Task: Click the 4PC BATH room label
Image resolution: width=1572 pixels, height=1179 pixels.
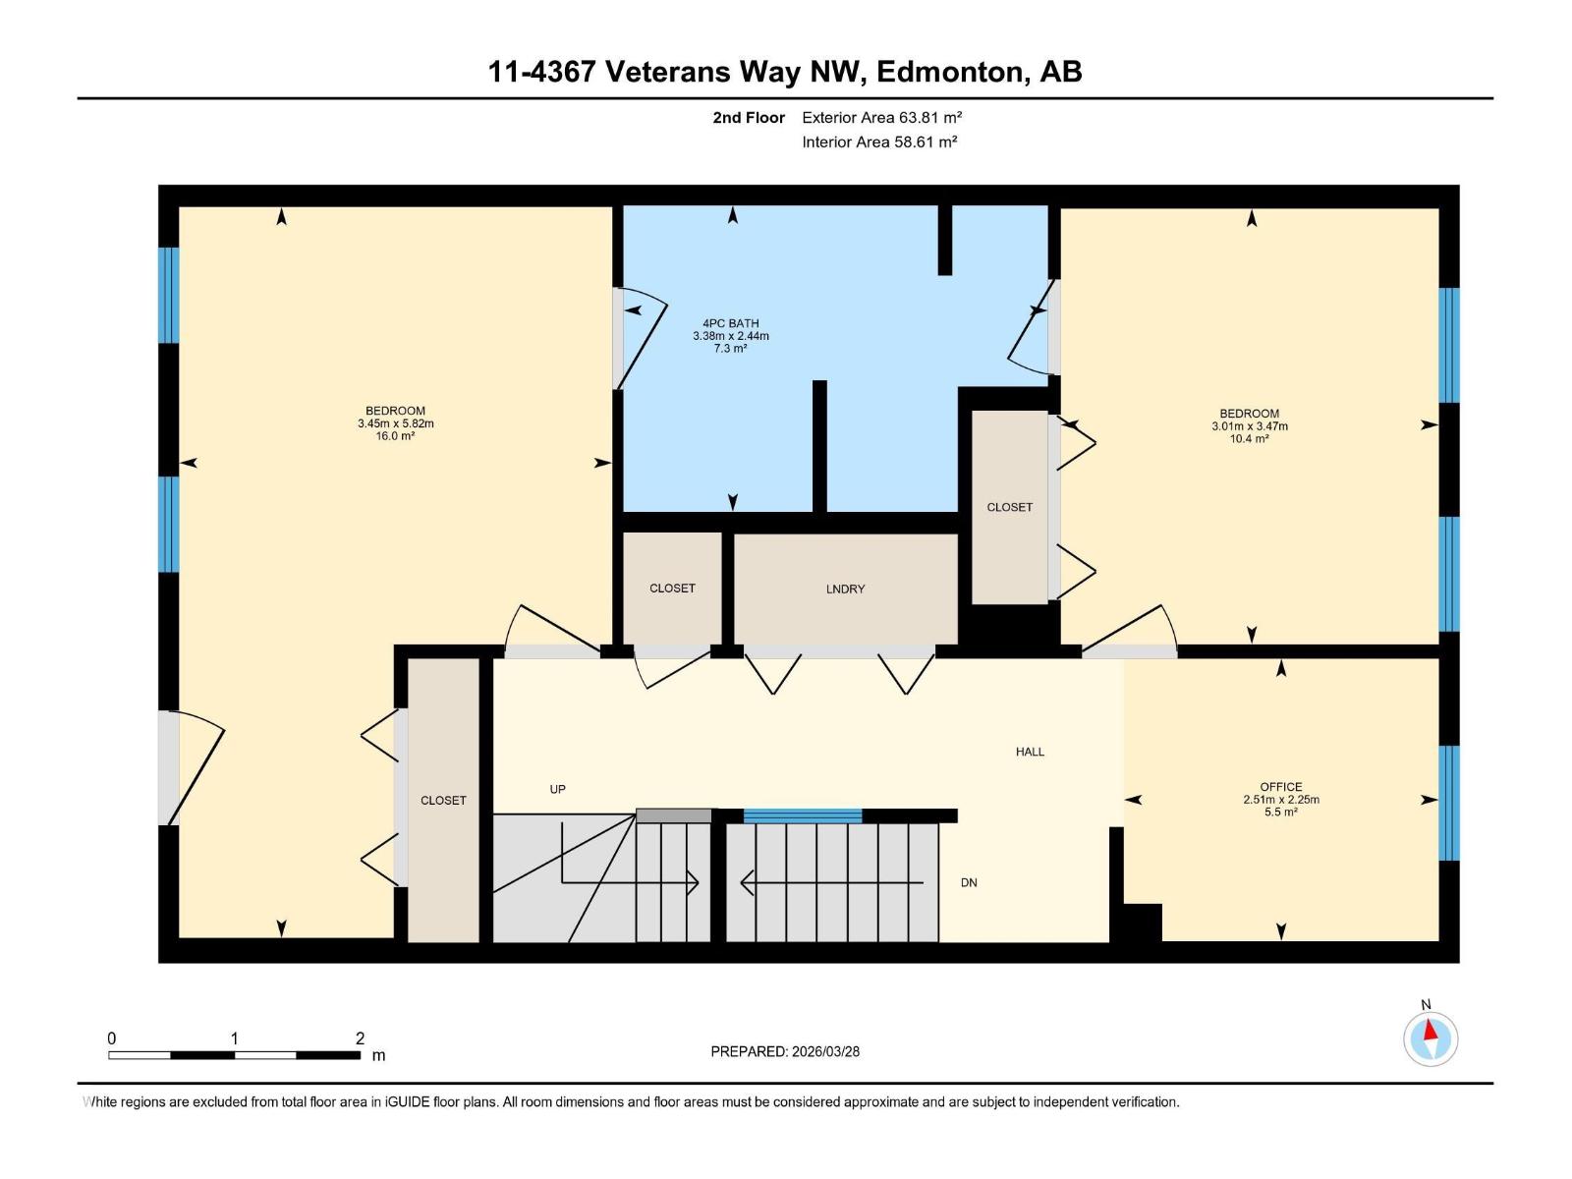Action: click(x=731, y=323)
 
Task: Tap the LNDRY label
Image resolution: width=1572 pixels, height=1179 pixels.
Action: click(x=845, y=589)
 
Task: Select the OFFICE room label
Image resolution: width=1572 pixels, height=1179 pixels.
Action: click(x=1281, y=787)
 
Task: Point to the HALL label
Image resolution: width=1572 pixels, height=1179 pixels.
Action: click(x=1030, y=752)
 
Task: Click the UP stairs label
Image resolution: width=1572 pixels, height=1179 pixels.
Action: click(x=557, y=790)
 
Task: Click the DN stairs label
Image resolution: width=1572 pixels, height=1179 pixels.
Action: click(x=969, y=882)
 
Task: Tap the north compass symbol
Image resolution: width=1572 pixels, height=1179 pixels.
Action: click(x=1431, y=1039)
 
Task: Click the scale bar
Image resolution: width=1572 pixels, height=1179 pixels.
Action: click(x=234, y=1055)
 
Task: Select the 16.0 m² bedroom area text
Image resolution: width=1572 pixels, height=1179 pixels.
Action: click(x=395, y=436)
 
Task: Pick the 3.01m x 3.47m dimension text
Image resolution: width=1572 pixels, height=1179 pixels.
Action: click(x=1250, y=426)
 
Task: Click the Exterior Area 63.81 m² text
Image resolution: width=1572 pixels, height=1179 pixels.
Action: click(x=881, y=117)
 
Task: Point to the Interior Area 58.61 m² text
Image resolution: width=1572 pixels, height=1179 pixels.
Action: click(x=879, y=141)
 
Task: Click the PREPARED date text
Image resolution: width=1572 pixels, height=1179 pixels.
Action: click(x=785, y=1051)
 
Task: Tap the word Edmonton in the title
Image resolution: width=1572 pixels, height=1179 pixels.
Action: click(x=950, y=72)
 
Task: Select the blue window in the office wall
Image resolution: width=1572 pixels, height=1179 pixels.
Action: click(x=1449, y=803)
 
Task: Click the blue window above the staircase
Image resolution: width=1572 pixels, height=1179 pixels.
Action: click(x=802, y=816)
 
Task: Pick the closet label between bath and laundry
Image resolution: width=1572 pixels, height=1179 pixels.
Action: click(x=672, y=589)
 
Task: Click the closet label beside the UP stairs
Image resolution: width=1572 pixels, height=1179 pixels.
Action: click(x=443, y=801)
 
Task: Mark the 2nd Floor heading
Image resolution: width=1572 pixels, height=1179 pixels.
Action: click(x=749, y=117)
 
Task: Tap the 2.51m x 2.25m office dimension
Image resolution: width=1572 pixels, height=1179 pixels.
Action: click(x=1281, y=800)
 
